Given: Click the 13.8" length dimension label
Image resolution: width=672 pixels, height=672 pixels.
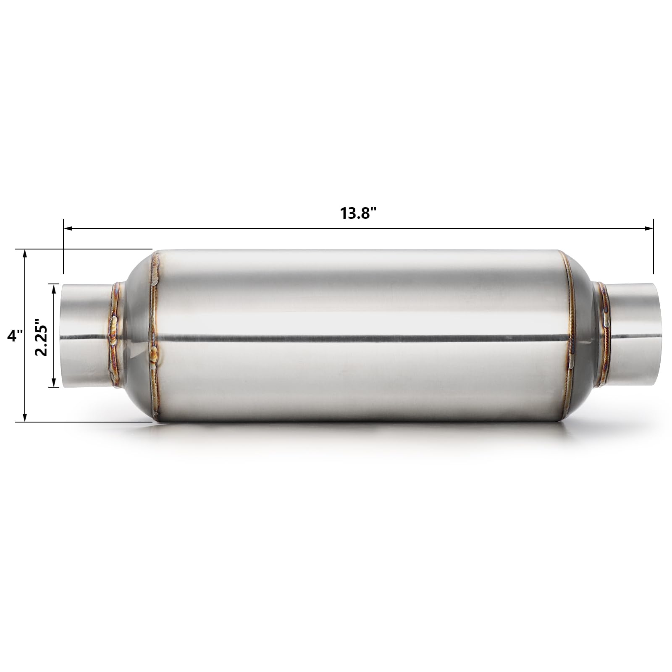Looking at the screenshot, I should click(x=357, y=213).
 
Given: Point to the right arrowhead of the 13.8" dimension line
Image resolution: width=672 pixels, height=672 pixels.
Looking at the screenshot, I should click(x=650, y=228).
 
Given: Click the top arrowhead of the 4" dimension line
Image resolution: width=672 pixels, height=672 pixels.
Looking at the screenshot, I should click(x=25, y=253).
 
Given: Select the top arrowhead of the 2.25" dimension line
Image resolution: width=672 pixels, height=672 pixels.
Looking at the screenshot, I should click(x=53, y=288).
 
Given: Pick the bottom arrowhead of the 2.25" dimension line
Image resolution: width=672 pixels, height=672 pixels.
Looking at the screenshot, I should click(x=53, y=383).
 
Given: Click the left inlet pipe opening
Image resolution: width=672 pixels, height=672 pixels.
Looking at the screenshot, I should click(x=65, y=335).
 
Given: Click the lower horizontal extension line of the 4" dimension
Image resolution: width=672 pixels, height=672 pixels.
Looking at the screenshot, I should click(x=84, y=421).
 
